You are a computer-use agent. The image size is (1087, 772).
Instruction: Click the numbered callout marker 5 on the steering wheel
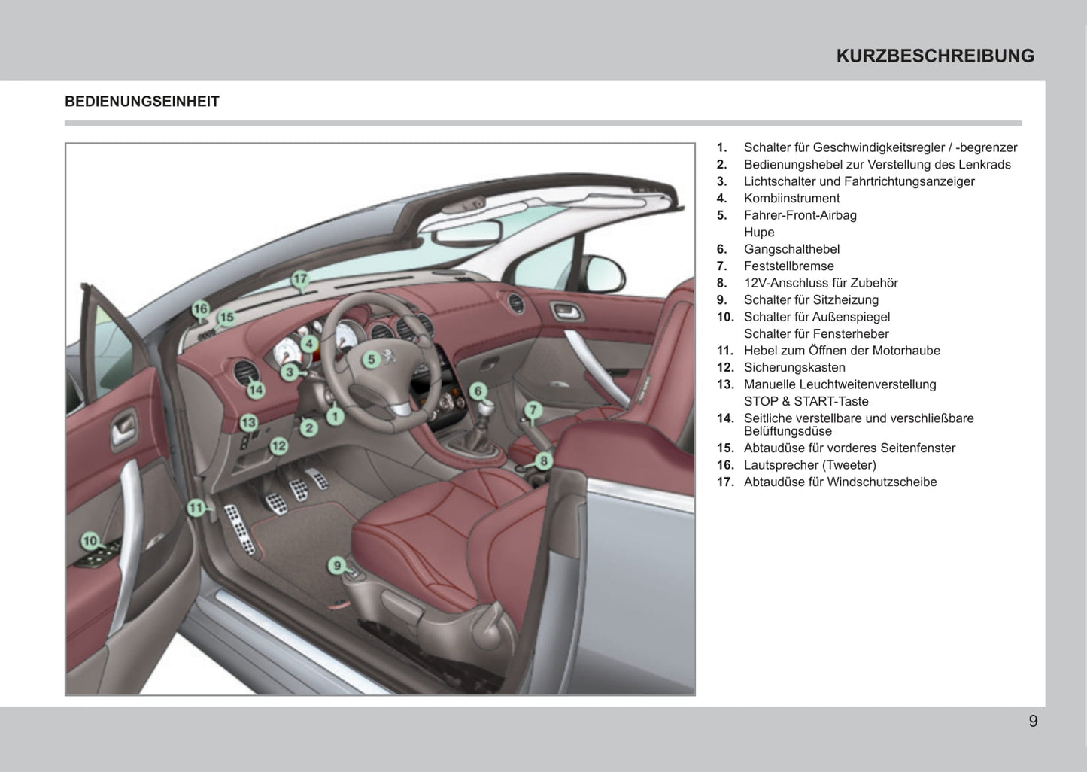(370, 359)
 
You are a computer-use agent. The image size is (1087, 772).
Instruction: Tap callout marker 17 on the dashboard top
(300, 280)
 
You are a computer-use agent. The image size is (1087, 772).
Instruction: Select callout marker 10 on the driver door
(90, 540)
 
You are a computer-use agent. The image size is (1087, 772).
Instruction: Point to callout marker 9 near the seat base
(337, 565)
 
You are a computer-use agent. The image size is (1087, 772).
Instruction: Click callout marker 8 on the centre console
(543, 460)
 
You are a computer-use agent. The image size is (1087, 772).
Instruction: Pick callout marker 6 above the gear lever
(478, 391)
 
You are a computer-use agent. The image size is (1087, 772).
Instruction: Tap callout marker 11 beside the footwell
(196, 508)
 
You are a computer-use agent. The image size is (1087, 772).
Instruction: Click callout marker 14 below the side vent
(256, 390)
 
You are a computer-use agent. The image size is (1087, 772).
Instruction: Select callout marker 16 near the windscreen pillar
(200, 308)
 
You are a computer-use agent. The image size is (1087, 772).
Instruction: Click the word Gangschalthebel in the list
(791, 249)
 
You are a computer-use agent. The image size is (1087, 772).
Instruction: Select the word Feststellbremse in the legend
(788, 266)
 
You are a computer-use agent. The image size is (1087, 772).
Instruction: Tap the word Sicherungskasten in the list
(794, 367)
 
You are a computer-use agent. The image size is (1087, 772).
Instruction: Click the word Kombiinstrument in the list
(791, 199)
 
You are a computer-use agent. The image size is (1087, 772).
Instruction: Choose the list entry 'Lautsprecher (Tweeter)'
(809, 465)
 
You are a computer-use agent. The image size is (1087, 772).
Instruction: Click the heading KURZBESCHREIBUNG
(935, 56)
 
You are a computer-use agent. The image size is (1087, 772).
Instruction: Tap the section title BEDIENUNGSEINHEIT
(142, 102)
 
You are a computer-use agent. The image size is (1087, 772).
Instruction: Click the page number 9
(1033, 721)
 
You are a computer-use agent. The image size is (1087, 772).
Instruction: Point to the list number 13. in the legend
(725, 384)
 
